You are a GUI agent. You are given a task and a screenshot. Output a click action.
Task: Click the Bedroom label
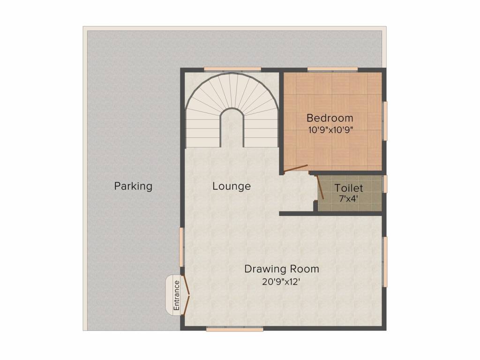coord(330,118)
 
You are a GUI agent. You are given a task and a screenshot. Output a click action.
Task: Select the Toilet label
coord(348,188)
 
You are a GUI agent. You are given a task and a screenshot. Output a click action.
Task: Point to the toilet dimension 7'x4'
coord(348,198)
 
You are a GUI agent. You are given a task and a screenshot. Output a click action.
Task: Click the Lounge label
coord(231,186)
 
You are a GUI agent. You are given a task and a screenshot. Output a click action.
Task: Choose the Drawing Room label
coord(281,269)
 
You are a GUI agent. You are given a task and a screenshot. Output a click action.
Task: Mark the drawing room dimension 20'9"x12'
coord(281,282)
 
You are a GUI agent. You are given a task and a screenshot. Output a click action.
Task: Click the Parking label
coord(133,186)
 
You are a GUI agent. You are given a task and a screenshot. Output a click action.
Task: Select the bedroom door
coord(296,168)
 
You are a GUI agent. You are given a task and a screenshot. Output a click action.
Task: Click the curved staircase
coord(232,110)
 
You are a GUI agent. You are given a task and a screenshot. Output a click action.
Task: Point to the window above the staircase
coord(232,70)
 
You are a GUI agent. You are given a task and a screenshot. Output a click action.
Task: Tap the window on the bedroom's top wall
coord(332,70)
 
